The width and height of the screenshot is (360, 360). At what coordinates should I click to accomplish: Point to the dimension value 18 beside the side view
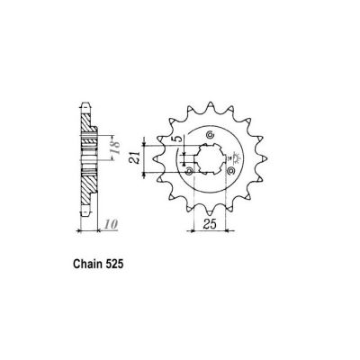(x=114, y=148)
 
